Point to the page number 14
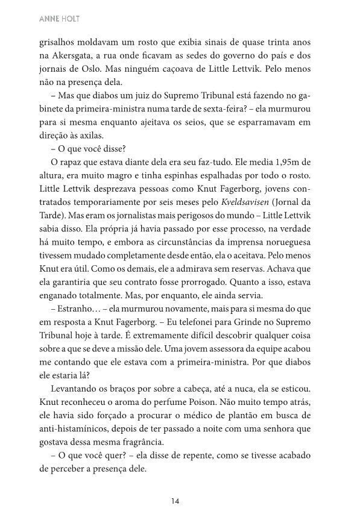coord(175,500)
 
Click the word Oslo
coord(106,67)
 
